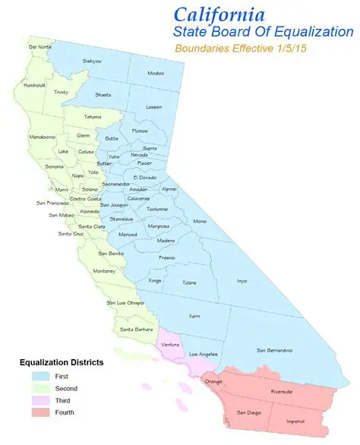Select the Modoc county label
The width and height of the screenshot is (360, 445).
point(156,73)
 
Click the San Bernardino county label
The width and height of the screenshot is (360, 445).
point(274,350)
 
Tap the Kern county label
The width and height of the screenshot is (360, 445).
point(194,315)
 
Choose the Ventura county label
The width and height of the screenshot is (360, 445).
point(172,345)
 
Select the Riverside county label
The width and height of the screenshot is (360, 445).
point(281,391)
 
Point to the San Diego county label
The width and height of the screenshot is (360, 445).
point(248,412)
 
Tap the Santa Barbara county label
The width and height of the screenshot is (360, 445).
point(137,329)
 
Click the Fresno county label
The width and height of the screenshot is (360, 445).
point(167,257)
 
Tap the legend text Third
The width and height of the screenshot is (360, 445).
point(64,400)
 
